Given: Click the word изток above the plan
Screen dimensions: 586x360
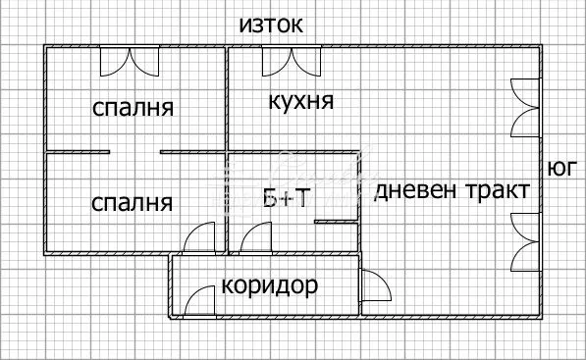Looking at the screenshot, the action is point(272,25).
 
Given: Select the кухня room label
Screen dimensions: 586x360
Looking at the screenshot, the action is point(300,101).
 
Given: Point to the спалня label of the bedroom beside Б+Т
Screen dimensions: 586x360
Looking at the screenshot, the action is point(132,203).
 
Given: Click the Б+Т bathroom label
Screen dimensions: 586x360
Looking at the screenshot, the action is point(287,199).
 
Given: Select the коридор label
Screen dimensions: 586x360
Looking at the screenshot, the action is point(270,286).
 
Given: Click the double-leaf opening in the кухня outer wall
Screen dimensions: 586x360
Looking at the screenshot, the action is point(290,62).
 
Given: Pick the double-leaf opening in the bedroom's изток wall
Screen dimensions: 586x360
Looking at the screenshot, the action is point(128,62).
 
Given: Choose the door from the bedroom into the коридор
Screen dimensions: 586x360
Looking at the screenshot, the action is point(199,238).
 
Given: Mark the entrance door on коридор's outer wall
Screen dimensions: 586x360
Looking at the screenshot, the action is point(200,300).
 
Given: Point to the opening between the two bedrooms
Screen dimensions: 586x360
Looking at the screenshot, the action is point(135,152).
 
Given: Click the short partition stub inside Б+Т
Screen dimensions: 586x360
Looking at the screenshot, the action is point(334,223).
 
